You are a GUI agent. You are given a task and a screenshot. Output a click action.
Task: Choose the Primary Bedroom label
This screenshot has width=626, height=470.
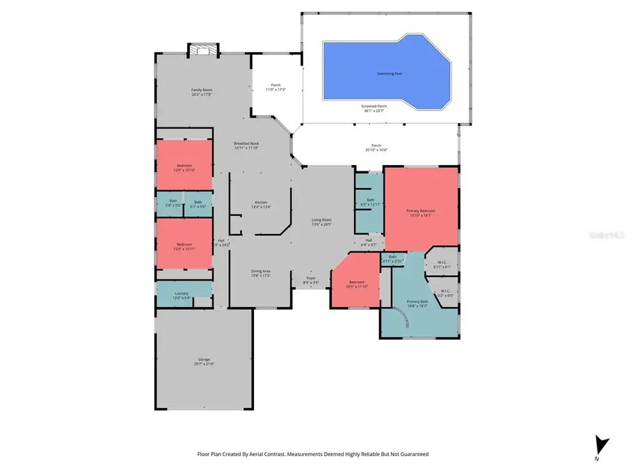point(421,212)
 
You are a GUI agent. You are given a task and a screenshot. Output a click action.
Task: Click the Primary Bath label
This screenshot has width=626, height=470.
point(418,304)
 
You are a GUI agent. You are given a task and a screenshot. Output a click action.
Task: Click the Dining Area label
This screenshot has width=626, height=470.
point(260,273)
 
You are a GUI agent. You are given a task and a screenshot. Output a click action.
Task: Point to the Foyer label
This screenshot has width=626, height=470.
point(311,279)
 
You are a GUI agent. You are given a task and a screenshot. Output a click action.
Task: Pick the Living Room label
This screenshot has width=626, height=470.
point(321,221)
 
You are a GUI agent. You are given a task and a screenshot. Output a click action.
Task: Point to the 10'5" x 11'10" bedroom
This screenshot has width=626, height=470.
point(356,284)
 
